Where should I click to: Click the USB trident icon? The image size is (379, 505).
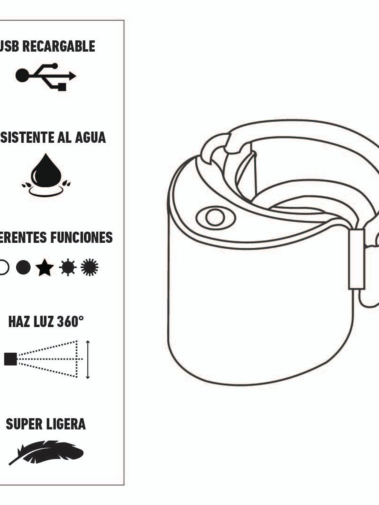click(x=46, y=76)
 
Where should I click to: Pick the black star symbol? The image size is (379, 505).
click(x=45, y=268)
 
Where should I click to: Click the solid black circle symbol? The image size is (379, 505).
click(x=23, y=267)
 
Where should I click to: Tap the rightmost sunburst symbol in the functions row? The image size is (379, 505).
click(x=89, y=267)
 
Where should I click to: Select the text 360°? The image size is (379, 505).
click(x=70, y=321)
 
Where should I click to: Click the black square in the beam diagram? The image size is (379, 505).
click(x=10, y=359)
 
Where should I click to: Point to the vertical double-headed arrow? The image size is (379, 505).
click(x=88, y=359)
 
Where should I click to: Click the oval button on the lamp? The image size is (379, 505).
click(x=215, y=218)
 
